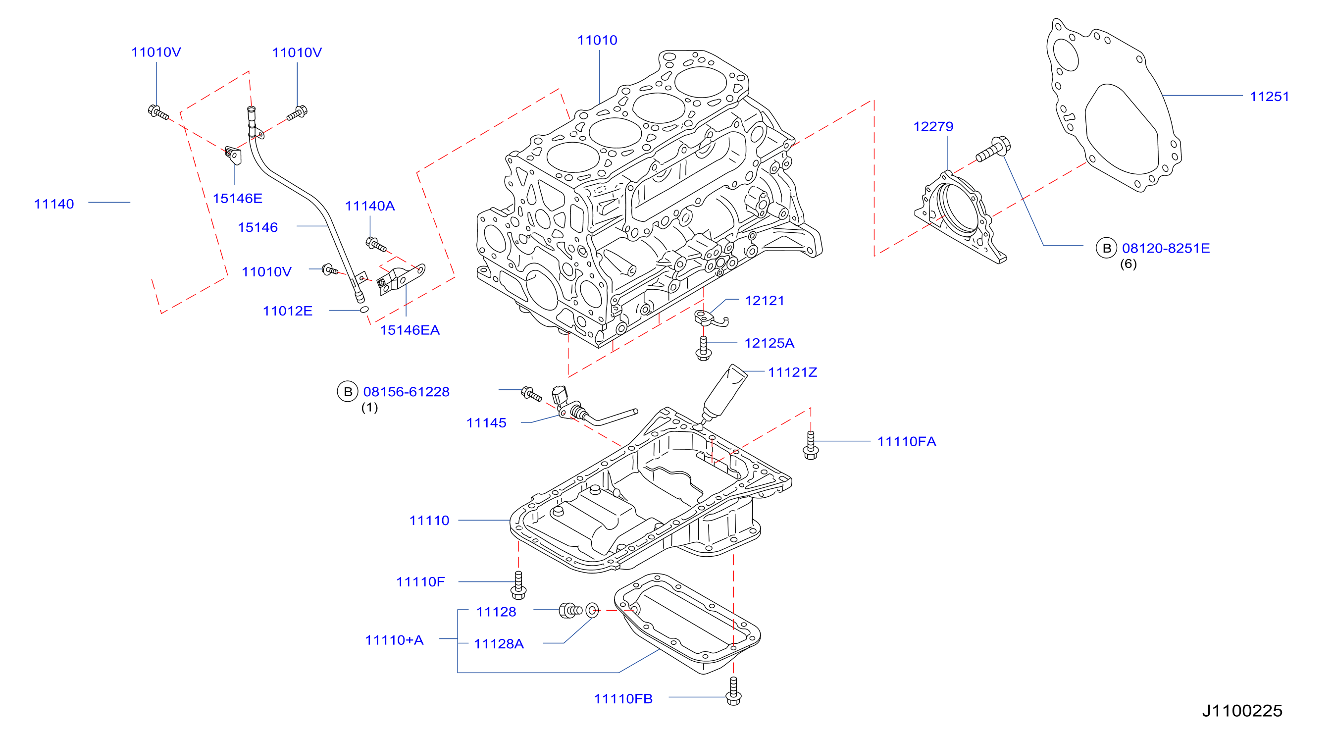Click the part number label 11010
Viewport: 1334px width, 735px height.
tap(597, 40)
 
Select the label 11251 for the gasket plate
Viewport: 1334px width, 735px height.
tap(1269, 97)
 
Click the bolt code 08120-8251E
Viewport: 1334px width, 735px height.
tap(1166, 248)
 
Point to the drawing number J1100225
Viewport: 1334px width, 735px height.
tap(1242, 711)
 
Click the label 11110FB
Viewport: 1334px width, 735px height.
tap(623, 699)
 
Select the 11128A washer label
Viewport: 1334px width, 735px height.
tap(499, 644)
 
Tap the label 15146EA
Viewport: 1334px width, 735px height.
tap(410, 330)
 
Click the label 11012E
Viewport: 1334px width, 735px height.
tap(287, 311)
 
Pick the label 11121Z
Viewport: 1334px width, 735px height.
tap(792, 372)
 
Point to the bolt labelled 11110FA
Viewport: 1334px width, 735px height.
tap(811, 445)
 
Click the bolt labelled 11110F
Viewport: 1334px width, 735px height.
tap(518, 585)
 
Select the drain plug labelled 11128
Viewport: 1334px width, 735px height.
tap(570, 610)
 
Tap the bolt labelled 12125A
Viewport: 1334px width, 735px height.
tap(703, 348)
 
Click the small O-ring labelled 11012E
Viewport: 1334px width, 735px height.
tap(364, 310)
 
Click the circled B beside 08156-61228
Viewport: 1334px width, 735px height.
tap(348, 392)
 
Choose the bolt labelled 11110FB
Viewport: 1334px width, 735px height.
tap(733, 691)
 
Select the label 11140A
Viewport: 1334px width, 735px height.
tap(370, 206)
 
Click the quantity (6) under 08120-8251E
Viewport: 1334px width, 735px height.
tap(1128, 263)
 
